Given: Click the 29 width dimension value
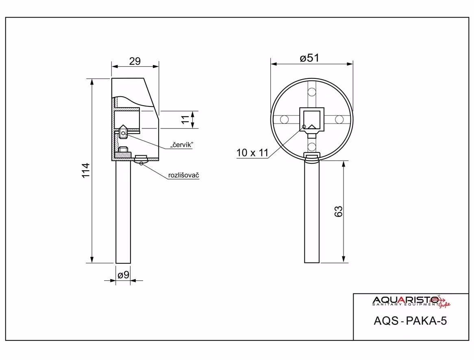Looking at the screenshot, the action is point(135,61).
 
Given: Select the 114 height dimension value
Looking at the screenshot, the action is point(86,171).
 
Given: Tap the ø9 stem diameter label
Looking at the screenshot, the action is point(123,275).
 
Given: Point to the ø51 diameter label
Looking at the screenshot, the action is point(309,58).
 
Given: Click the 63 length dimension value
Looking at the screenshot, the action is point(339,211).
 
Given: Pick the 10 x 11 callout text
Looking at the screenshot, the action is point(252,153).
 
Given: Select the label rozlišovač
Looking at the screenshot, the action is point(183,175).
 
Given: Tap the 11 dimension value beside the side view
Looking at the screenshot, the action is point(185,119).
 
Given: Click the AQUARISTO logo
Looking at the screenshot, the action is point(411,301).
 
